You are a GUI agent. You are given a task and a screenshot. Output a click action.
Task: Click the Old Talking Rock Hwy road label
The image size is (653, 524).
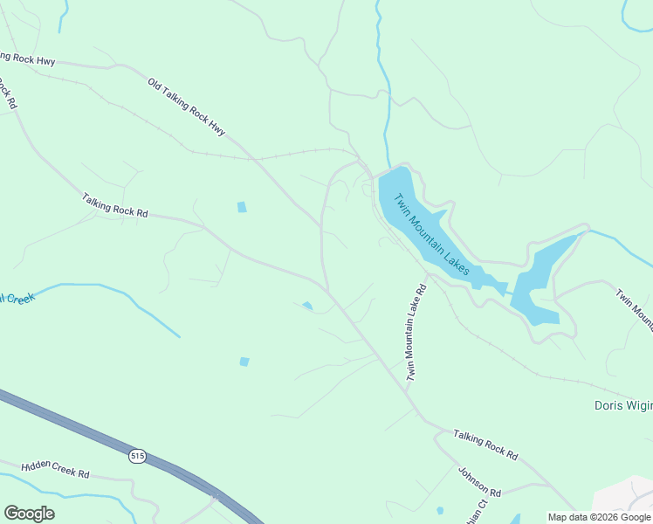click(x=186, y=107)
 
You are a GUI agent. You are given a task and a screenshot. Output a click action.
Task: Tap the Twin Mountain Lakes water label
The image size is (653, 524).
click(x=433, y=235)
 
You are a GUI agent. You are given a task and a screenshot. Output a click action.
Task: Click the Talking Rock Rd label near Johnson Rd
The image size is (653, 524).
click(x=485, y=445)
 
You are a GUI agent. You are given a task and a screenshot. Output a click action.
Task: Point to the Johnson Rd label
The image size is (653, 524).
click(x=479, y=480)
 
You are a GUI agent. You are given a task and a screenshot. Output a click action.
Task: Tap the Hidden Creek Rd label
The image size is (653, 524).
click(x=55, y=469)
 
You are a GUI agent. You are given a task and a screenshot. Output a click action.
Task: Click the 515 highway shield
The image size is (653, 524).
click(x=137, y=456)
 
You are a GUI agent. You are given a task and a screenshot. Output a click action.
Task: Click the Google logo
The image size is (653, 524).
click(x=29, y=514)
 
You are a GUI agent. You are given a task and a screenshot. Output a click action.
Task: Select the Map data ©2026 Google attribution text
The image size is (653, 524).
click(x=600, y=517)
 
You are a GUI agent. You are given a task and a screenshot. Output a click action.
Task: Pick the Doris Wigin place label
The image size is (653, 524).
click(x=622, y=405)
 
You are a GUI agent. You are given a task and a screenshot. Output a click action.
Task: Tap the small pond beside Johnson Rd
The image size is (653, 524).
click(x=439, y=510)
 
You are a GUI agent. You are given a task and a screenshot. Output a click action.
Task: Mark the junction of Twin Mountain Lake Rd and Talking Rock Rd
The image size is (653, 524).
click(x=408, y=390)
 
